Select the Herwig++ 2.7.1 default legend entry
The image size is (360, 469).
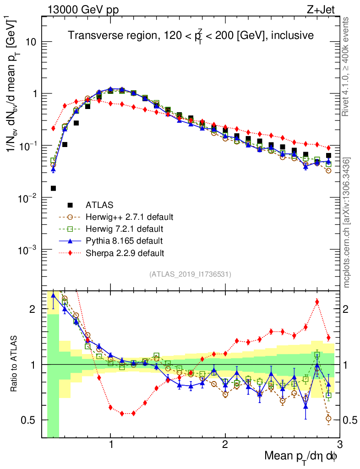click(129, 217)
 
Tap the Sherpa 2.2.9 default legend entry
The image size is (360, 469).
click(125, 252)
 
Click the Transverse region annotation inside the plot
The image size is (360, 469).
click(191, 36)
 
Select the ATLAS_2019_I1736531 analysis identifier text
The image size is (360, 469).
click(190, 274)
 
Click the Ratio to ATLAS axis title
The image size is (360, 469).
click(15, 365)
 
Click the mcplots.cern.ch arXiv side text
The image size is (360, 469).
click(347, 222)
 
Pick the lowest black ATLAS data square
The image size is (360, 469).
click(53, 188)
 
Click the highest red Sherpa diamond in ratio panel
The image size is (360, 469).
click(317, 301)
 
